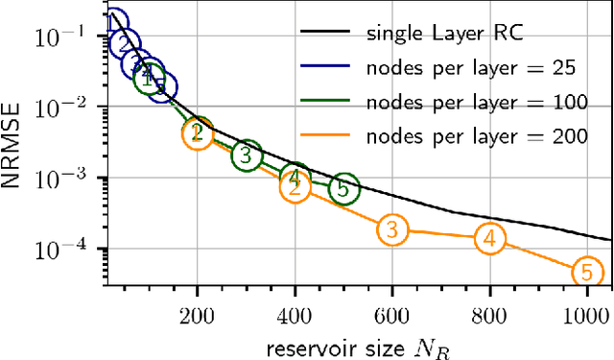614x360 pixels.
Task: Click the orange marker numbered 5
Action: coord(586,273)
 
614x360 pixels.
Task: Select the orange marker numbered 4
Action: coord(489,238)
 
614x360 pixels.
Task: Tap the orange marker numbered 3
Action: coord(392,228)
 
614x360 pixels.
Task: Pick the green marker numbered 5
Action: coord(343,189)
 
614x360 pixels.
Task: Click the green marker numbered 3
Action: coord(247,154)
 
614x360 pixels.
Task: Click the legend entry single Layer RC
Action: coord(443,35)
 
